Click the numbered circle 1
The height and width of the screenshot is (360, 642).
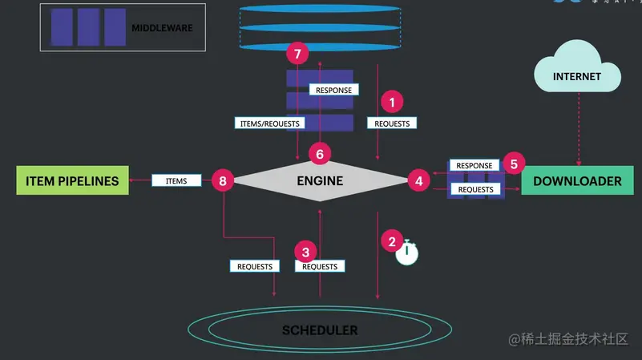point(392,102)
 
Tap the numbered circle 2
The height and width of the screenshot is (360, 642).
point(392,241)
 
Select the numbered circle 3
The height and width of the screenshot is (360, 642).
point(305,251)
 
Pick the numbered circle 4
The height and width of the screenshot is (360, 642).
point(418,181)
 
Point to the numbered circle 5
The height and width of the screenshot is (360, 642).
point(513,164)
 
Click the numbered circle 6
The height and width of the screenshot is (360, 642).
point(320,153)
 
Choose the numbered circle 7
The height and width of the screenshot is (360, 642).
point(298,55)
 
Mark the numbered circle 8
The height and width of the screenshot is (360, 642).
point(223,181)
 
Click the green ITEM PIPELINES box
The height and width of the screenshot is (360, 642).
point(67,181)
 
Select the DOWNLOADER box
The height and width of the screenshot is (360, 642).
point(571,181)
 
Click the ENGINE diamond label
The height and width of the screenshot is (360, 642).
point(321,181)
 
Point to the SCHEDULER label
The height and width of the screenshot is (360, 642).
point(320,330)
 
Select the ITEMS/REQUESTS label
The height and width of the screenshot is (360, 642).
point(270,123)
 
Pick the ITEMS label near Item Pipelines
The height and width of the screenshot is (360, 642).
point(176,181)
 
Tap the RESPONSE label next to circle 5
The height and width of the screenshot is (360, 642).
point(474,166)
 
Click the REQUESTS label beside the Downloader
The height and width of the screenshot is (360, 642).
point(475,189)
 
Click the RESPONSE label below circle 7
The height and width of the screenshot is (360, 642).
point(333,90)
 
